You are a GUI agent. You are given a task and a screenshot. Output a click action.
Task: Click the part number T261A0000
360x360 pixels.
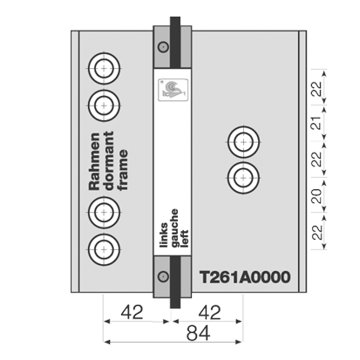tap(245, 277)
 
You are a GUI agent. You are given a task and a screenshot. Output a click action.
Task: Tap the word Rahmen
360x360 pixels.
tap(94, 161)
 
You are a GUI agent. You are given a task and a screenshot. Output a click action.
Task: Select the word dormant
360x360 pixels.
tap(109, 161)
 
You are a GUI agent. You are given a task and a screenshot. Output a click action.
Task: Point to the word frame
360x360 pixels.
tap(123, 170)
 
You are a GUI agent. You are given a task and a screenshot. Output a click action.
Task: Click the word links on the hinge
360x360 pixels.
tap(164, 235)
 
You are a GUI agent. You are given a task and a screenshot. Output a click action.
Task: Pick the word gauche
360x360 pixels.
tap(174, 228)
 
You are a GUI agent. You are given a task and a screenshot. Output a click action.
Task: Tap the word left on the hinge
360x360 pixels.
tap(184, 239)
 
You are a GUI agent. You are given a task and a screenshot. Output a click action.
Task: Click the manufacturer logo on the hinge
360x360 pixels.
tap(173, 90)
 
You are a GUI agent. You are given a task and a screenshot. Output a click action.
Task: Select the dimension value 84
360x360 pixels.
tap(198, 333)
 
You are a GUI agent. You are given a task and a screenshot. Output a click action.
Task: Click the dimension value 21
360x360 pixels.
tap(317, 123)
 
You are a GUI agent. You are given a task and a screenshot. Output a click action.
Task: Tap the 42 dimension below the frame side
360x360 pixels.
tap(132, 312)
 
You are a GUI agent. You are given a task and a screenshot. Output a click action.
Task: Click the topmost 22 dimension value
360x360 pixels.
tap(317, 89)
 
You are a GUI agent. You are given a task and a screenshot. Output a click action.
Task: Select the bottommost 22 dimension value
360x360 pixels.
tap(317, 232)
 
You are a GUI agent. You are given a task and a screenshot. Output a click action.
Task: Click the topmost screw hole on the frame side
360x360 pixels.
tap(104, 69)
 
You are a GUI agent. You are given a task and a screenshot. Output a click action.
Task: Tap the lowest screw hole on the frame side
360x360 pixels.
tap(104, 249)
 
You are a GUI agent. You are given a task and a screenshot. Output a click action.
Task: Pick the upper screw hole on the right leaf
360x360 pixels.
tap(243, 142)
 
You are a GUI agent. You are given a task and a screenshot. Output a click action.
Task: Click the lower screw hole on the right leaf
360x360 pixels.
tap(243, 178)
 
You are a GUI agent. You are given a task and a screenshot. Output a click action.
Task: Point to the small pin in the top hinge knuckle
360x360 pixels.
tap(163, 46)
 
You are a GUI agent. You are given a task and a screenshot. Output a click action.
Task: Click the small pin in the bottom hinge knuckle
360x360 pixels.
tap(163, 275)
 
